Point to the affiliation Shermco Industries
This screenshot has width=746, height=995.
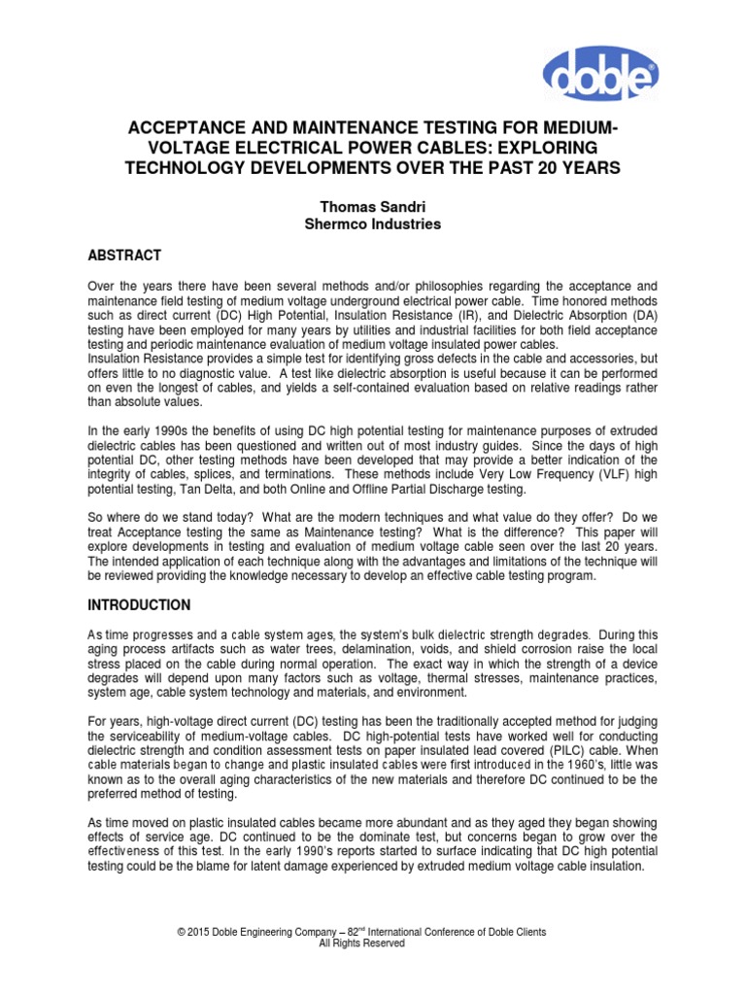(373, 223)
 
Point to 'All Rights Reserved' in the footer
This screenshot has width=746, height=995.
(369, 943)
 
